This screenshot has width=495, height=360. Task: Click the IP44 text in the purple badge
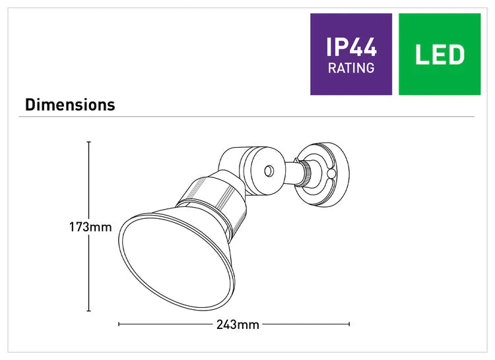click(x=350, y=47)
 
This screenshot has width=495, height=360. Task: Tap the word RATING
click(x=350, y=68)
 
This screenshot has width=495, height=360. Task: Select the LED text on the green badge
click(x=440, y=55)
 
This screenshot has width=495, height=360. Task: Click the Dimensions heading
click(x=70, y=105)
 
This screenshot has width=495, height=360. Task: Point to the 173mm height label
click(x=90, y=227)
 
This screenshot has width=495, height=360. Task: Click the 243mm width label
click(x=238, y=324)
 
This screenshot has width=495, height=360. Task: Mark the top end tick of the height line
click(x=89, y=142)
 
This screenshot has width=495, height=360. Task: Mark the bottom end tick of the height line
click(x=89, y=311)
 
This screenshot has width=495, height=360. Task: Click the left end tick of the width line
click(x=118, y=324)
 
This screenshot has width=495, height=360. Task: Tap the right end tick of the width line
click(x=350, y=324)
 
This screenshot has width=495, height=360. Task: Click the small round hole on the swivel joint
click(x=268, y=171)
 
